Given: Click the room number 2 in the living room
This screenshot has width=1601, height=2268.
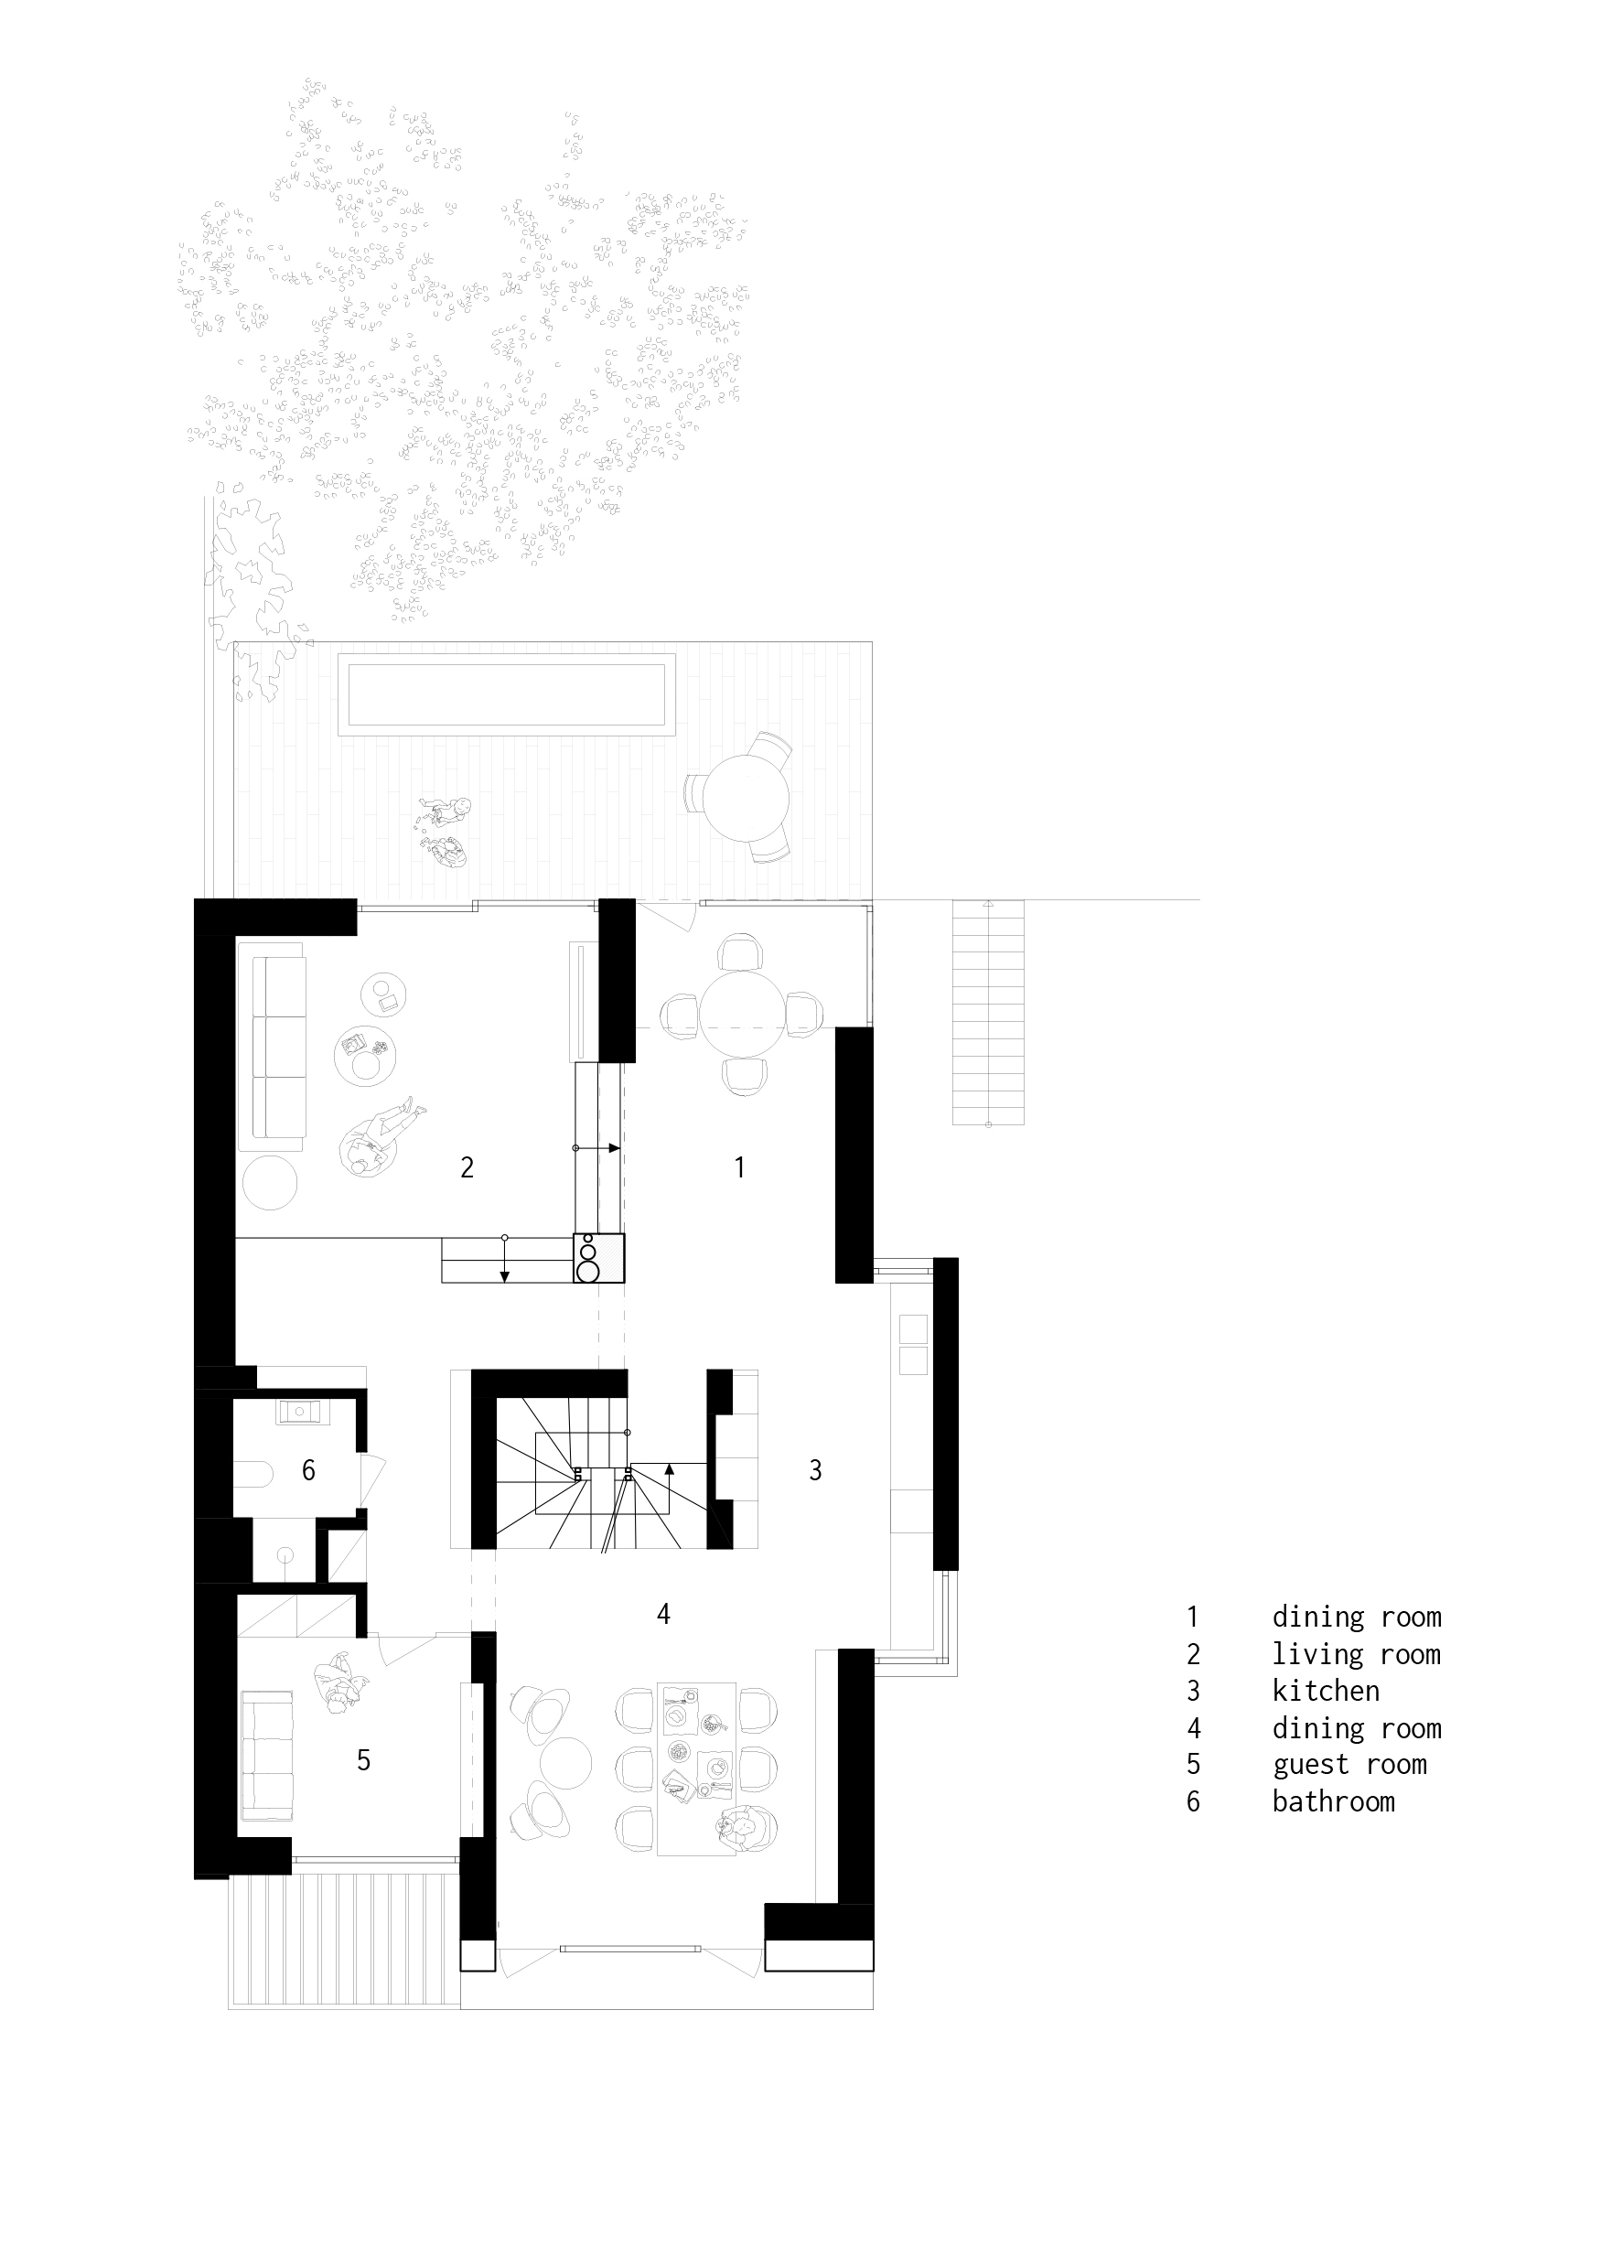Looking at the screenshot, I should (467, 1167).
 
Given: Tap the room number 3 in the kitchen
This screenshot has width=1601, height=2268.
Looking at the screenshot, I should (815, 1470).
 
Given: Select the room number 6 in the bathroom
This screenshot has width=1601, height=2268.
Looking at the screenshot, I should (308, 1471).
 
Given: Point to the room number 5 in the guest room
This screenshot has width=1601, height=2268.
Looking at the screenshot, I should (363, 1759).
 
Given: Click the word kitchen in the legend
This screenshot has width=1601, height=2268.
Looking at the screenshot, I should (1326, 1691).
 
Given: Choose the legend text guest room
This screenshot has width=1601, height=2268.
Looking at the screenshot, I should (1349, 1764).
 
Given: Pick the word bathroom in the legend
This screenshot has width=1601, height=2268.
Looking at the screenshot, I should (1333, 1801).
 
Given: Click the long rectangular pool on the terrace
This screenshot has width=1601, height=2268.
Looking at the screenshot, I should (505, 693).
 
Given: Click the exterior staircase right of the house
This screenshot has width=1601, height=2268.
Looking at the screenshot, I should (988, 1013).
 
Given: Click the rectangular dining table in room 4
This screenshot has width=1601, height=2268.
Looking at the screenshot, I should (696, 1768).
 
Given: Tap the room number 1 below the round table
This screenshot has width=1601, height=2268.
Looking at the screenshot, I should (740, 1167).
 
